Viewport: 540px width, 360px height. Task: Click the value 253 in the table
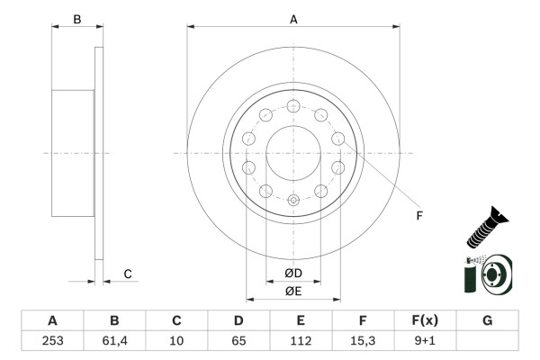point(52,341)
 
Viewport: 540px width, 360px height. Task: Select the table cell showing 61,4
point(114,341)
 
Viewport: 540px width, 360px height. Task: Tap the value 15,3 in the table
point(363,341)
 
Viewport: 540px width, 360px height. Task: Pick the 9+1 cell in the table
point(425,341)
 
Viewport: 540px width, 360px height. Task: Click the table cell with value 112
point(301,341)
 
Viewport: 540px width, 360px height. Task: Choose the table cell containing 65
point(238,341)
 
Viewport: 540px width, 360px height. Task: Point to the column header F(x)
point(425,320)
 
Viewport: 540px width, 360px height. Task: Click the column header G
point(487,320)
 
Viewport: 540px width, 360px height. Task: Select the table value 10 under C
point(176,341)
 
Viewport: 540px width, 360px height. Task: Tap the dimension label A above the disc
point(293,18)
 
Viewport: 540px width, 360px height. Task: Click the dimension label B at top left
point(76,19)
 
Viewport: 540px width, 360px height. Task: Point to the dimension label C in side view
point(128,274)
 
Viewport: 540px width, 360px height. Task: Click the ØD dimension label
point(293,274)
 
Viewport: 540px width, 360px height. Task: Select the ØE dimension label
point(293,291)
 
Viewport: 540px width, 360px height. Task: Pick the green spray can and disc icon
point(487,274)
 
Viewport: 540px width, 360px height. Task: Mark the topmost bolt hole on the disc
point(293,106)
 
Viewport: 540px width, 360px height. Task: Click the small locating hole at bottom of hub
point(293,201)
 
